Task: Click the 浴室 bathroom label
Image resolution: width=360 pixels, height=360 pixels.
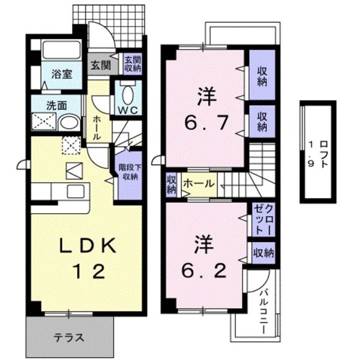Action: (62, 74)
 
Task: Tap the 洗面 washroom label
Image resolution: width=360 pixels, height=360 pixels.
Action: (57, 106)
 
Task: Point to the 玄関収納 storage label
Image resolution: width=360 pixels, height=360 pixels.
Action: (132, 64)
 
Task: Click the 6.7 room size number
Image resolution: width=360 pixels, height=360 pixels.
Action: (205, 121)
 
